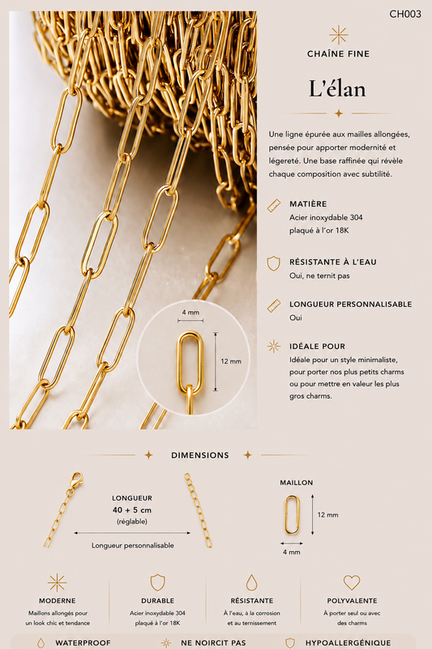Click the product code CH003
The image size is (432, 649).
(x=405, y=14)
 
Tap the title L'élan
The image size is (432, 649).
(x=337, y=88)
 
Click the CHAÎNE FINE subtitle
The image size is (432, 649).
(x=339, y=53)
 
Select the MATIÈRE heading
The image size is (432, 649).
(x=308, y=204)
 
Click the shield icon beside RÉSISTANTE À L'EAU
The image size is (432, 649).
(x=273, y=263)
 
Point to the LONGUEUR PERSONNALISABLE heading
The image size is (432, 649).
(x=351, y=304)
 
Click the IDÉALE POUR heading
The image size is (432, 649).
(x=317, y=347)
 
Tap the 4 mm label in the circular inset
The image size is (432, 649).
(x=190, y=312)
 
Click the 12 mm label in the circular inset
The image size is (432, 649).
(x=231, y=361)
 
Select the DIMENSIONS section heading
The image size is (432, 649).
(x=200, y=455)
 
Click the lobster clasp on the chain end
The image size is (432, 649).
(x=75, y=480)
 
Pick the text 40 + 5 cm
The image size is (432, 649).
(x=132, y=510)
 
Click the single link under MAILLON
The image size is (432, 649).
(x=291, y=514)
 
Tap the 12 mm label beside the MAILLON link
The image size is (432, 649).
(x=327, y=515)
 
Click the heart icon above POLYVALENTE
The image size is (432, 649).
(x=352, y=583)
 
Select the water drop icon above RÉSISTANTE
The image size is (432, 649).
(x=251, y=583)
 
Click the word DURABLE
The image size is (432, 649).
(x=157, y=600)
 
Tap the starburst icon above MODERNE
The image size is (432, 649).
(x=58, y=583)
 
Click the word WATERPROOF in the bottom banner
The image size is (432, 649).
(x=83, y=643)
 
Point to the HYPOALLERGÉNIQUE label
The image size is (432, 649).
(x=348, y=643)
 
